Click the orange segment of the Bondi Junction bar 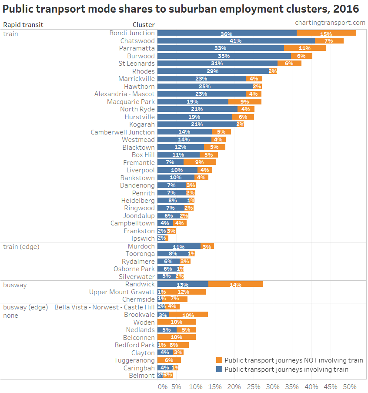tap(326, 33)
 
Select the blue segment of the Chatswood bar tap(236, 40)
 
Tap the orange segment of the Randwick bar tap(235, 284)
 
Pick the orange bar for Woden tap(177, 322)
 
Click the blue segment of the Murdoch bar tap(179, 246)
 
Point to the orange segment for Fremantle tap(200, 162)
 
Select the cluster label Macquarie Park tap(131, 101)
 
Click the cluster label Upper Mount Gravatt tap(122, 292)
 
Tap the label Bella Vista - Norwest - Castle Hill tap(104, 307)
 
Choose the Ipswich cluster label tap(143, 238)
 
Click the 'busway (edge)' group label tap(25, 307)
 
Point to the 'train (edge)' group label tap(21, 246)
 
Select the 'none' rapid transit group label tap(11, 315)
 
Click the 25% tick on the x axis tap(254, 386)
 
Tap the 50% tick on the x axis tap(350, 386)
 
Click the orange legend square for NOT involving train tap(219, 360)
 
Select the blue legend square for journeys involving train tap(219, 369)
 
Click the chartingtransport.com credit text tap(330, 23)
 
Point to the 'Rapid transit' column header tap(23, 25)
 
